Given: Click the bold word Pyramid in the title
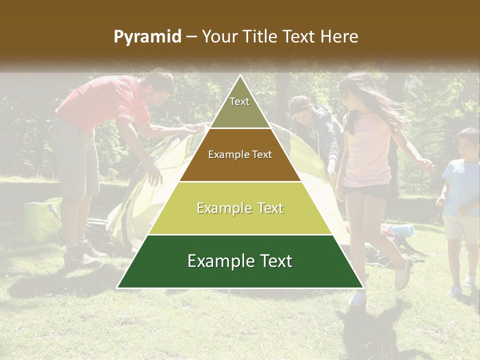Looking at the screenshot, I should [x=147, y=37].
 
